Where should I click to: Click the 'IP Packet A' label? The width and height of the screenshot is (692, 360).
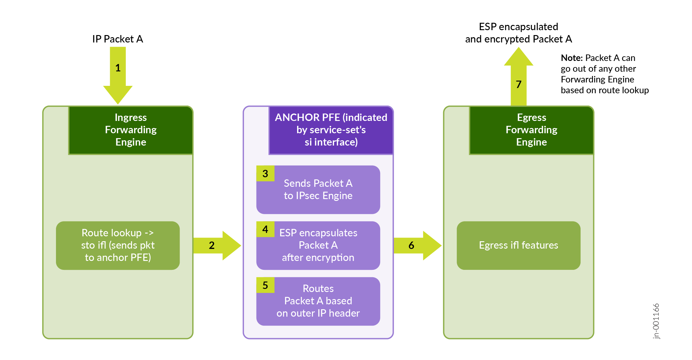pyautogui.click(x=117, y=39)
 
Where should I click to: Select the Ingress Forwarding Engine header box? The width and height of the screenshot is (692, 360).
pyautogui.click(x=131, y=130)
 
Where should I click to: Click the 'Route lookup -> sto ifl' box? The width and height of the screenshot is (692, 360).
pyautogui.click(x=118, y=245)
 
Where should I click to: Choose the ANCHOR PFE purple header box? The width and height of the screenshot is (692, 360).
pyautogui.click(x=331, y=130)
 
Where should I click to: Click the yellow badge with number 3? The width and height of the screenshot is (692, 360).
pyautogui.click(x=265, y=174)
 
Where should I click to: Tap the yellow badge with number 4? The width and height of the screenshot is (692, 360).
pyautogui.click(x=265, y=229)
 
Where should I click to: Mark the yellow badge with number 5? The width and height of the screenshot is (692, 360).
pyautogui.click(x=265, y=285)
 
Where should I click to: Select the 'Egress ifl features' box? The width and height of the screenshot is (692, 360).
pyautogui.click(x=519, y=245)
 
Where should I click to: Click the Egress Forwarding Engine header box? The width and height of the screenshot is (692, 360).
pyautogui.click(x=531, y=130)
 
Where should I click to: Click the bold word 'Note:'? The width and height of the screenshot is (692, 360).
pyautogui.click(x=571, y=58)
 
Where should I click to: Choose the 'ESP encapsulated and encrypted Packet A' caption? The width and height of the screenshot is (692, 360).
pyautogui.click(x=519, y=33)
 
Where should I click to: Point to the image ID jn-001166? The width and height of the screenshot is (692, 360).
pyautogui.click(x=656, y=321)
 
